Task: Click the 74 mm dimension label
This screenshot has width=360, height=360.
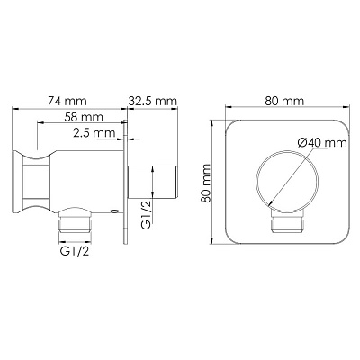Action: coord(67,101)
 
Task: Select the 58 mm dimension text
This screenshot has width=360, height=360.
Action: coord(84,116)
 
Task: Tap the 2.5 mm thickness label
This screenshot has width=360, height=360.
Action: coord(94,133)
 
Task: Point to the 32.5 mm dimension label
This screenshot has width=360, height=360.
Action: coord(153,101)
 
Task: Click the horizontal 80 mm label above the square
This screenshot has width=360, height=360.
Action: coord(284,101)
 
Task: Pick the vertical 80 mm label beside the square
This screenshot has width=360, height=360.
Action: coord(206,184)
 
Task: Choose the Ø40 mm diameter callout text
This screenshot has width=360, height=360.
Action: coord(322,142)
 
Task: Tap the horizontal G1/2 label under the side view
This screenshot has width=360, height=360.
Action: coord(75,251)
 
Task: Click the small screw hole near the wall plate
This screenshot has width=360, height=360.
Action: coord(113,211)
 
